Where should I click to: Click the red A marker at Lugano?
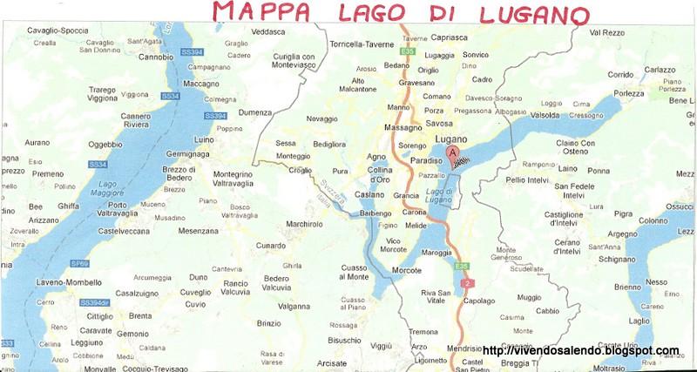451,154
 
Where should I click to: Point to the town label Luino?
204,139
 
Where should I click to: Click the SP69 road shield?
80,263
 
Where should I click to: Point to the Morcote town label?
407,270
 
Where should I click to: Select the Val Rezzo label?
606,32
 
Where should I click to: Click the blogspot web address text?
580,350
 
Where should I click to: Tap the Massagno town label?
402,128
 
